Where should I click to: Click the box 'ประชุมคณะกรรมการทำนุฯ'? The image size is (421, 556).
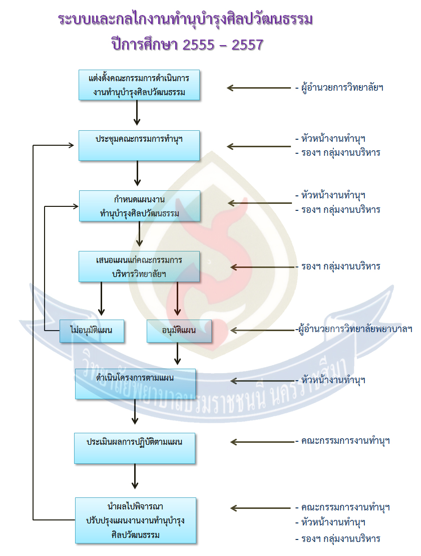coord(139,145)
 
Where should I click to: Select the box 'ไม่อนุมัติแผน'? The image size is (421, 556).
coord(92,331)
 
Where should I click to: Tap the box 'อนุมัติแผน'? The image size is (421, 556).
coord(179,331)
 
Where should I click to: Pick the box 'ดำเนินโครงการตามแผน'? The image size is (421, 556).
coord(135,384)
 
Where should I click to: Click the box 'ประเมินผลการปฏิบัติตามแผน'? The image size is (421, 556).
coord(134,448)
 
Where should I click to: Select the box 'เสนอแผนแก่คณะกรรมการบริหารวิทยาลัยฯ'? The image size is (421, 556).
coord(139,266)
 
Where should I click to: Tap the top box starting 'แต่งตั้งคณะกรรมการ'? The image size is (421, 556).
coord(139,85)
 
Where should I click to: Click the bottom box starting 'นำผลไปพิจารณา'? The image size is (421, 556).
coord(135,520)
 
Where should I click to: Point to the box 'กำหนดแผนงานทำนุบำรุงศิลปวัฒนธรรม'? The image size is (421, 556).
coord(139,205)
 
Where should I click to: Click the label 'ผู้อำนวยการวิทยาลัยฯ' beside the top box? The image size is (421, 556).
coord(342,88)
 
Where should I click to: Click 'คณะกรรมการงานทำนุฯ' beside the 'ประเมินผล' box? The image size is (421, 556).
coord(345,441)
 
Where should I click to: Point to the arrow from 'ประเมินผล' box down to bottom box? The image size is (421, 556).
coord(135,476)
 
